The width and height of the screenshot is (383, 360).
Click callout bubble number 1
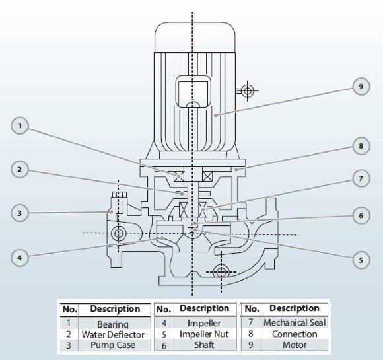tap(20, 126)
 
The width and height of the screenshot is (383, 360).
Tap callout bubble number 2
tap(20, 170)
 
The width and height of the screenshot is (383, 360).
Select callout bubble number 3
tap(20, 213)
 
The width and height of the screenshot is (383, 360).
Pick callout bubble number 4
tap(20, 257)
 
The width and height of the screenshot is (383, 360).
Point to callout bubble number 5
tap(360, 260)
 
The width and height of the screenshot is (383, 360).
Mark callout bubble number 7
tap(360, 179)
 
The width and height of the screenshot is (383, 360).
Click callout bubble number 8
tap(360, 145)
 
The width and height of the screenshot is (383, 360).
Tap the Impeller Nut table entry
tap(204, 334)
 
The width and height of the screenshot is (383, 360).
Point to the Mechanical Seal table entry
tap(294, 323)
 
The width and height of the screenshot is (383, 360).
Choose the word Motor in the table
tap(294, 344)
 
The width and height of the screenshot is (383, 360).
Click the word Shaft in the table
tap(204, 345)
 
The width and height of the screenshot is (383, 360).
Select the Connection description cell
tap(294, 334)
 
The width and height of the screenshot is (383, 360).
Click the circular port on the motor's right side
tap(247, 90)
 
